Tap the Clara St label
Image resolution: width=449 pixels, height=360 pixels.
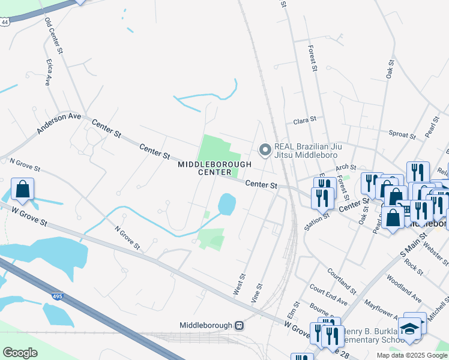coord(304,121)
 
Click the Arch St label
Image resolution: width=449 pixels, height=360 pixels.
coord(346,168)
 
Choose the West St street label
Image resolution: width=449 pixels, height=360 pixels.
coord(238,284)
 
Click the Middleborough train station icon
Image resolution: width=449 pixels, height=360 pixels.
coord(239,325)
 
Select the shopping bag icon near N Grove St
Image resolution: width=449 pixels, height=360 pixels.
coord(22,190)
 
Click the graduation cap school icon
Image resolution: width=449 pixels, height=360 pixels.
coord(409,328)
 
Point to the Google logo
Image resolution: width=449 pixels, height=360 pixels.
coord(20,353)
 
